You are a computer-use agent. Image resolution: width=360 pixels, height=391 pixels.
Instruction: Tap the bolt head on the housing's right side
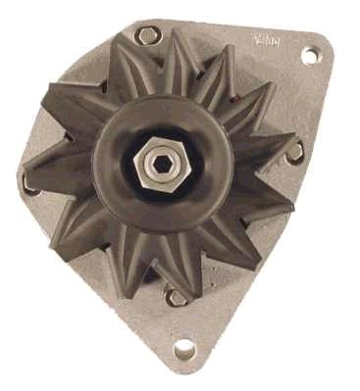[x=294, y=152]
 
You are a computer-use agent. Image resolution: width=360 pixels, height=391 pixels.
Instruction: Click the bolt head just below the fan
[x=177, y=295]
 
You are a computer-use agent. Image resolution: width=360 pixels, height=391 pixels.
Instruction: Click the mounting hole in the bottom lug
[x=184, y=348]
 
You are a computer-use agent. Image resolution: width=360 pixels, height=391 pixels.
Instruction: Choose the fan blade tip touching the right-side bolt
[x=281, y=147]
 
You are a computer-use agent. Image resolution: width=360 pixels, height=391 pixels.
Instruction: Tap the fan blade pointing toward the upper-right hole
[x=257, y=78]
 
